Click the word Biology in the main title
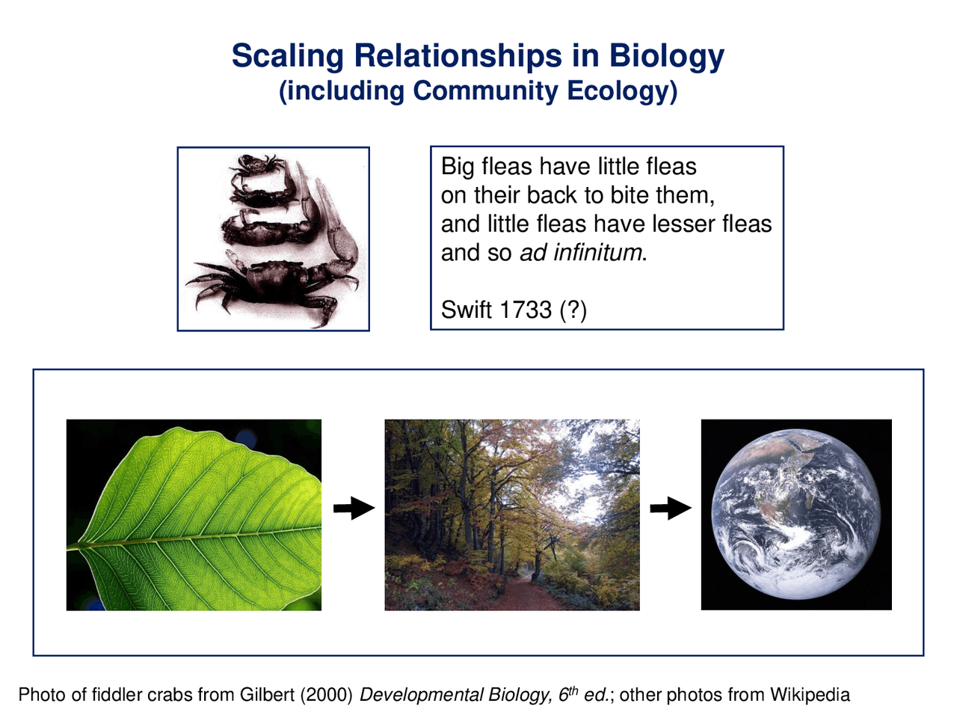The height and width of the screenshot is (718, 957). [x=666, y=56]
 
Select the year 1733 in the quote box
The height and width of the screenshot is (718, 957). [x=526, y=309]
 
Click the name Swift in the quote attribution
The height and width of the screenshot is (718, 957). [x=467, y=309]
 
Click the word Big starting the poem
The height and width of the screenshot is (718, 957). [x=458, y=166]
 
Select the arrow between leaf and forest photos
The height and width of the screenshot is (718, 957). [x=353, y=509]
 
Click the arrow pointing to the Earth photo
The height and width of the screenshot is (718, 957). [x=671, y=509]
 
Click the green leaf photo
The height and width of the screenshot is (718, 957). [x=194, y=515]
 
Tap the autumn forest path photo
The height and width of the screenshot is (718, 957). [x=512, y=515]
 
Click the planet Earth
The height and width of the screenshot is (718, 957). [x=796, y=514]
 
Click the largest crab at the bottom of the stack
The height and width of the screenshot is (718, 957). [x=273, y=284]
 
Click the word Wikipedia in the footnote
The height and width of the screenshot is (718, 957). [x=810, y=695]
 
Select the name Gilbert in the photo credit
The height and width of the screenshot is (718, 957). [x=267, y=695]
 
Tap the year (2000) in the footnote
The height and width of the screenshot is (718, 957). [x=326, y=695]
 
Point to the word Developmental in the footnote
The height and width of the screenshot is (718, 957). [x=422, y=695]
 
